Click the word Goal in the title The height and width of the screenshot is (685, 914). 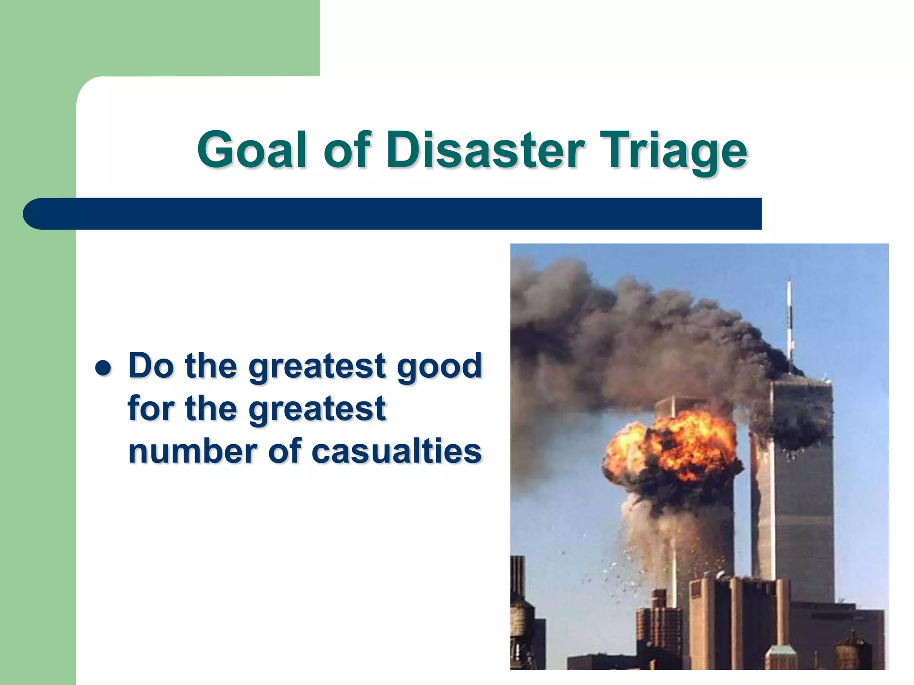(x=252, y=150)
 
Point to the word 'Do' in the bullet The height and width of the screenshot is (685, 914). (x=151, y=366)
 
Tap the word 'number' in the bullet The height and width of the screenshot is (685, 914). (x=193, y=451)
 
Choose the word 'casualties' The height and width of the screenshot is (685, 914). (x=397, y=451)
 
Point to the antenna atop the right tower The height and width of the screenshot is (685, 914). (x=789, y=321)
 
